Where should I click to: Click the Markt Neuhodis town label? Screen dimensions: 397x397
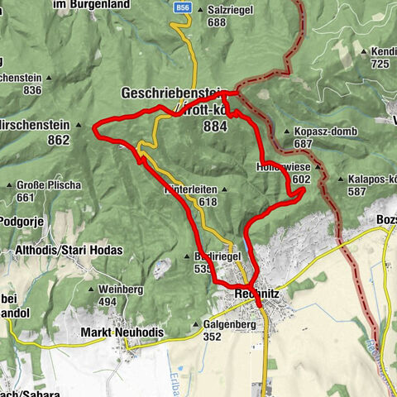point(122,332)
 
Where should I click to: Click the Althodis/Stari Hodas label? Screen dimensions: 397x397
point(69,250)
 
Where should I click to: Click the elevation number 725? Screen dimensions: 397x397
point(380,64)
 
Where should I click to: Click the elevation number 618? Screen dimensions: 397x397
point(208,201)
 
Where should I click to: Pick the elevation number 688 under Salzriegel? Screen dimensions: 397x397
point(218,22)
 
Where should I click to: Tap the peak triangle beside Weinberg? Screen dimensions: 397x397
point(92,289)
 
